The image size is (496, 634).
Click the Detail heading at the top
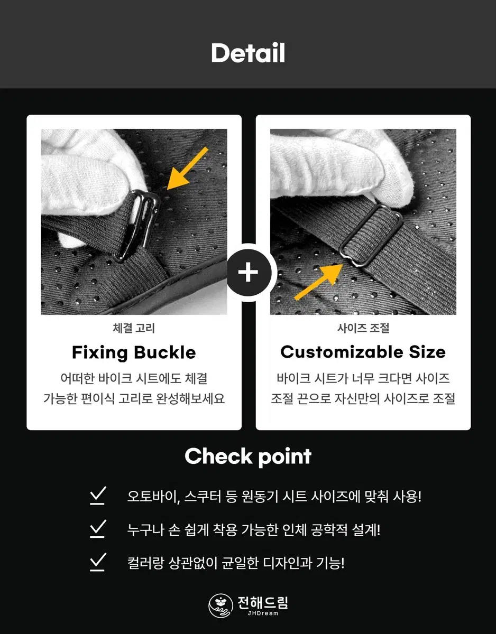pyautogui.click(x=248, y=53)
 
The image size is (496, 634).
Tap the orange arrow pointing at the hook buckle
pyautogui.click(x=187, y=169)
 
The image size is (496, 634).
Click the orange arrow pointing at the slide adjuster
pyautogui.click(x=318, y=282)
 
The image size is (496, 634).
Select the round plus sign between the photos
pyautogui.click(x=248, y=273)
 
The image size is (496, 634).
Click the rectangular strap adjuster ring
pyautogui.click(x=371, y=235)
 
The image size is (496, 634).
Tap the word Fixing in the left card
pyautogui.click(x=99, y=353)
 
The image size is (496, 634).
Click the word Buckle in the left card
pyautogui.click(x=165, y=352)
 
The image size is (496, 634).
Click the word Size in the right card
pyautogui.click(x=427, y=352)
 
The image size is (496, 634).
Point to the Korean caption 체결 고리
pyautogui.click(x=134, y=328)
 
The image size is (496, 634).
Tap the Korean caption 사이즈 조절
pyautogui.click(x=363, y=328)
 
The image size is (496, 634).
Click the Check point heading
pyautogui.click(x=248, y=456)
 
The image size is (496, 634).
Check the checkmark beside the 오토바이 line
pyautogui.click(x=98, y=496)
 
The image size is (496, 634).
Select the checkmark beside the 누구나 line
pyautogui.click(x=98, y=529)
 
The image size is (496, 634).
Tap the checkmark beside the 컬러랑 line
pyautogui.click(x=98, y=562)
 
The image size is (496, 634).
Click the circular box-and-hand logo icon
pyautogui.click(x=221, y=605)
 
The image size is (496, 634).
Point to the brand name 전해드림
pyautogui.click(x=263, y=602)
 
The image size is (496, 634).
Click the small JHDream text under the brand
pyautogui.click(x=263, y=613)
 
